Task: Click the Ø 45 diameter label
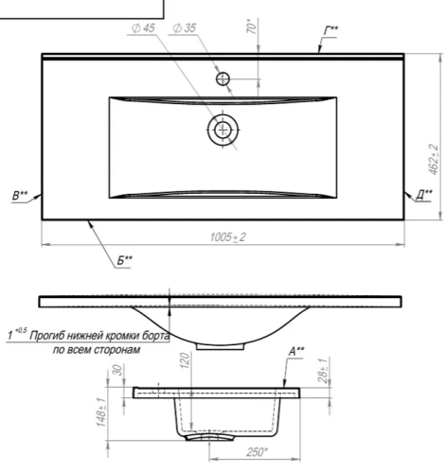(143, 28)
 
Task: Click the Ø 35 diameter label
(185, 28)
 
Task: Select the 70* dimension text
(251, 26)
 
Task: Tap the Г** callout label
(331, 30)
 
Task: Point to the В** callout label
(20, 196)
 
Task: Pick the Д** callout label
(424, 195)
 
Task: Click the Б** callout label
(125, 260)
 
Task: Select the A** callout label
(296, 351)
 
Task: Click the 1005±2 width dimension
(227, 237)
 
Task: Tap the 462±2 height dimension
(433, 159)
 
